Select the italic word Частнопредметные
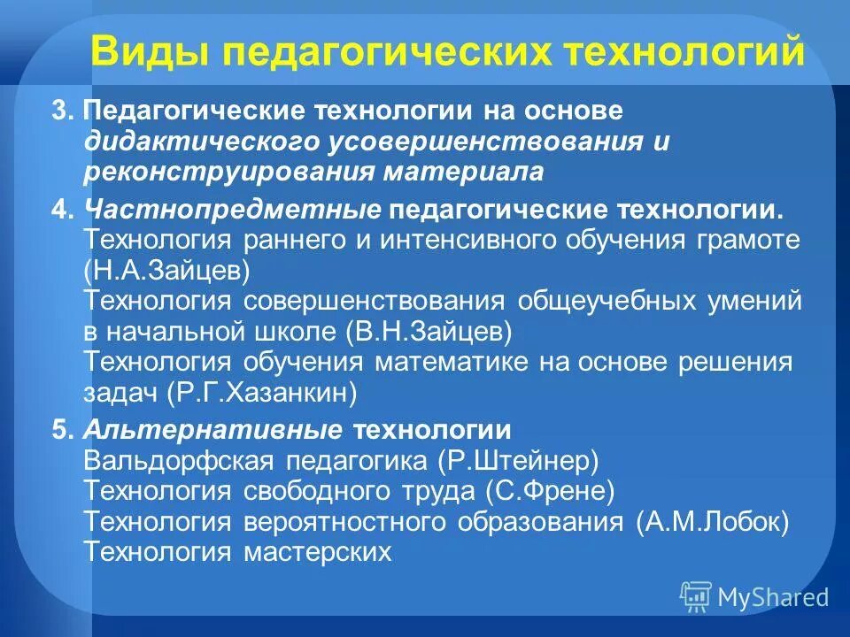tap(233, 211)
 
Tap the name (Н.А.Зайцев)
tap(166, 269)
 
